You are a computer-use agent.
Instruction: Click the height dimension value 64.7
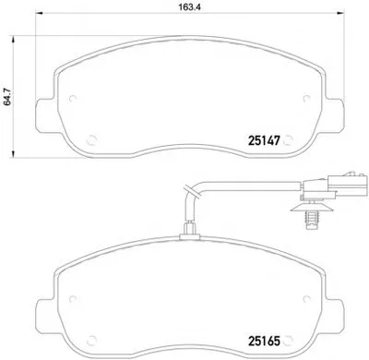pos(6,97)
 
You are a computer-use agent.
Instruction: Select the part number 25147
pos(265,140)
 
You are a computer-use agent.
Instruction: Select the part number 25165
pos(265,341)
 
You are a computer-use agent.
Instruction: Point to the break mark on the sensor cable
pos(190,191)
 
